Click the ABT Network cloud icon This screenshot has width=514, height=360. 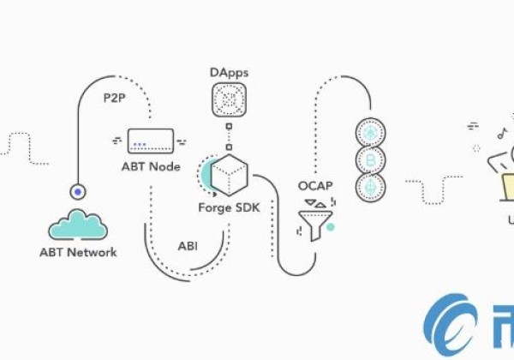78,225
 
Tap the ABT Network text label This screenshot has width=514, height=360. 78,252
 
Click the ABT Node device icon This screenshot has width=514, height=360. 151,141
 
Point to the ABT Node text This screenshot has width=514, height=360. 151,166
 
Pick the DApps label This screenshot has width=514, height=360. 229,72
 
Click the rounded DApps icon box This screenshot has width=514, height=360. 229,102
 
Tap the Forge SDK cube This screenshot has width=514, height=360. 229,175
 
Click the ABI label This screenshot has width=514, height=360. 188,245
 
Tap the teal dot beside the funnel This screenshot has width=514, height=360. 331,227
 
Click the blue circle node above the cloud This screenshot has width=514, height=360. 77,192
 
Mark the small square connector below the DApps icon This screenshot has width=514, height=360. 229,124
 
